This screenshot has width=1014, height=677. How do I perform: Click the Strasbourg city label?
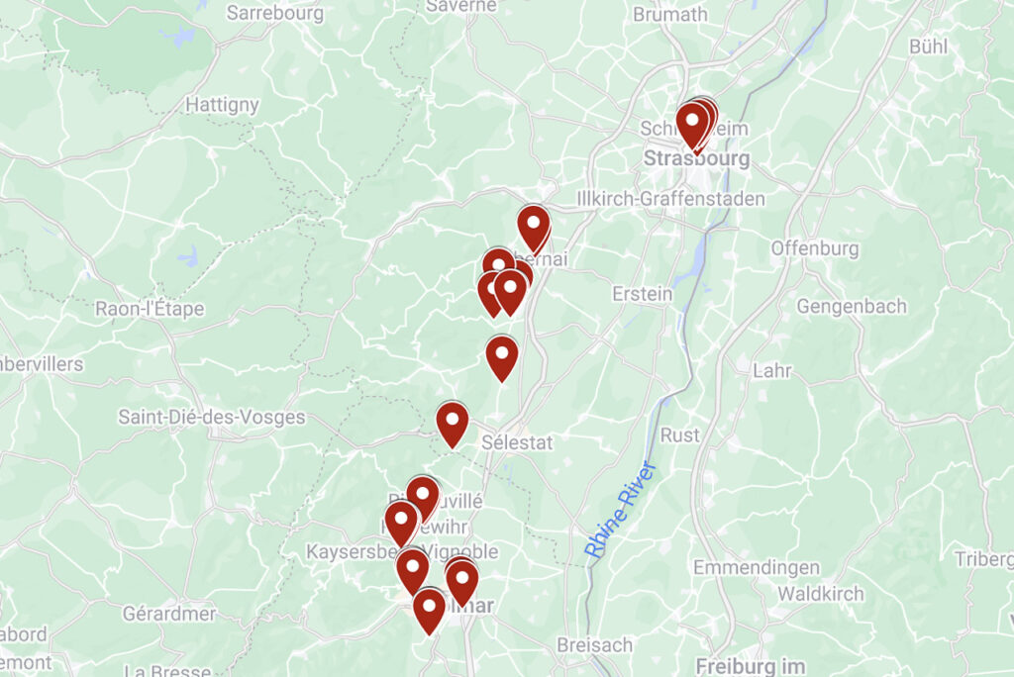(x=697, y=158)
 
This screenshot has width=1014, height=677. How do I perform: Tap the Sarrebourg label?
(x=274, y=13)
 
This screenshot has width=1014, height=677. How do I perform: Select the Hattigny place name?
(x=223, y=104)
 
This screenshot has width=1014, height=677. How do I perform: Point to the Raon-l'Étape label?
(x=150, y=308)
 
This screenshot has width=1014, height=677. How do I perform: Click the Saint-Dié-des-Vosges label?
(x=212, y=417)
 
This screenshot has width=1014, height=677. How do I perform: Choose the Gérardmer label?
(x=168, y=613)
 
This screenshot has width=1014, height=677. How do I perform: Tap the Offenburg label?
(x=815, y=248)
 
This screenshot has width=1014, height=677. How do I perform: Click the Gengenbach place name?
(x=851, y=306)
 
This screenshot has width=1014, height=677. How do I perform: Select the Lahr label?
(x=772, y=370)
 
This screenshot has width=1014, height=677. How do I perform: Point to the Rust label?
(x=680, y=435)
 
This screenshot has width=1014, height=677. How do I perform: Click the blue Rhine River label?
(x=620, y=509)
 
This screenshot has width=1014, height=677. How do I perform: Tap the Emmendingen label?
(x=757, y=567)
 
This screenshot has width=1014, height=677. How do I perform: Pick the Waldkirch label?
(x=821, y=594)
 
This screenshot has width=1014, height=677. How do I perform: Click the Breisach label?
(x=594, y=644)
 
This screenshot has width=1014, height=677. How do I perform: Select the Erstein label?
(x=642, y=294)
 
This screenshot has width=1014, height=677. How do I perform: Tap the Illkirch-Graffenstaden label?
(x=670, y=199)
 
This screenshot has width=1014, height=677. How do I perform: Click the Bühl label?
(x=928, y=46)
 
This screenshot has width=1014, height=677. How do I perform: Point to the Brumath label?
(x=670, y=14)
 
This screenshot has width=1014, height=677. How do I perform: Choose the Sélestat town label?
(x=517, y=442)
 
